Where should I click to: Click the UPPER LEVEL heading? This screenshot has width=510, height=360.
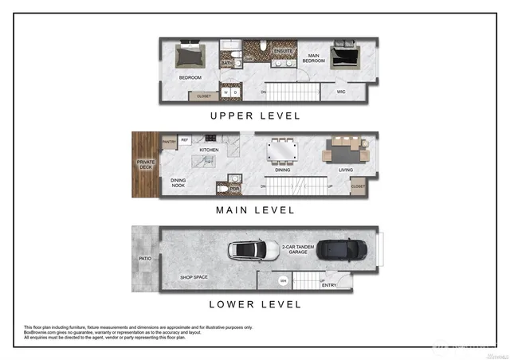[x=255, y=115]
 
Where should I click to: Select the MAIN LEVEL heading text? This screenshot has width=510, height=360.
[x=255, y=210]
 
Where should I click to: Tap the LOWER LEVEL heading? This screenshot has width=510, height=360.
[x=255, y=303]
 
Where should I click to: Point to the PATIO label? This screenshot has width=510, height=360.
[x=144, y=258]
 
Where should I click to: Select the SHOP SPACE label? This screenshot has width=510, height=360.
[x=195, y=277]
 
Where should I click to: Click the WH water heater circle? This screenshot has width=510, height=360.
[x=283, y=281]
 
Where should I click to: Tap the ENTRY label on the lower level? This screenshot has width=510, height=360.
[x=328, y=285]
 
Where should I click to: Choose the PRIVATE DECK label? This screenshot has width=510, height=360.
[x=146, y=166]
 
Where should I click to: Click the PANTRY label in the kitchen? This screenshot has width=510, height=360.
[x=169, y=142]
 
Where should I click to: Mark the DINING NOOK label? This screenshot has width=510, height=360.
[x=178, y=182]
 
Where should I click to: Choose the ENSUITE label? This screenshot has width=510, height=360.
[x=282, y=51]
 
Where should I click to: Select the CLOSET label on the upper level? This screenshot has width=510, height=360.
[x=204, y=96]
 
